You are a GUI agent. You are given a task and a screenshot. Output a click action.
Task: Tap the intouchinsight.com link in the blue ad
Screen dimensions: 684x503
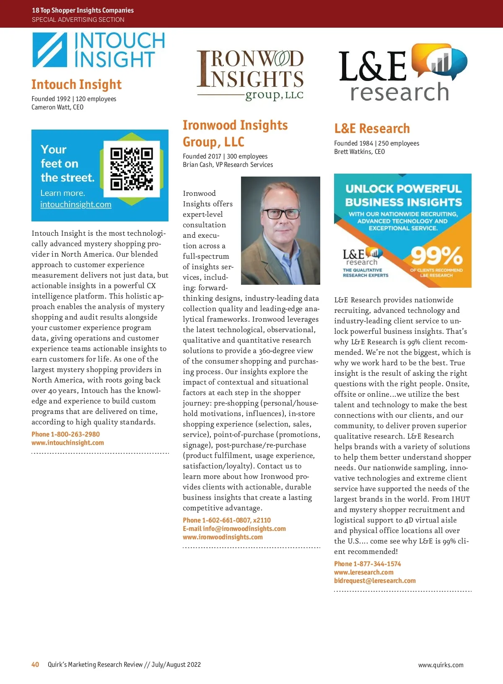[76, 205]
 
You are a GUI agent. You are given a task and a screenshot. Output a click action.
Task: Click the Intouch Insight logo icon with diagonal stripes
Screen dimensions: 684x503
[49, 50]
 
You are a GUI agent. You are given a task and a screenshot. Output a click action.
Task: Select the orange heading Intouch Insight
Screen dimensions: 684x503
[76, 85]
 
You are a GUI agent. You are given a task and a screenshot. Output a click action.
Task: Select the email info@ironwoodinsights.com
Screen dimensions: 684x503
[244, 528]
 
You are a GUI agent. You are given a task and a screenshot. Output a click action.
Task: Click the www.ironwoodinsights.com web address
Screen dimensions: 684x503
[223, 537]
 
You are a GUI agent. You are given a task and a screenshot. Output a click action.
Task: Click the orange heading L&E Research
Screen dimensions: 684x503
[372, 128]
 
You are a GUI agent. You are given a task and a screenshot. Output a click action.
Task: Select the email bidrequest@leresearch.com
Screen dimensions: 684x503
[375, 581]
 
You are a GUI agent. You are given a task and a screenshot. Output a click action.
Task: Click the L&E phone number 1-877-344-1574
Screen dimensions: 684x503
[377, 564]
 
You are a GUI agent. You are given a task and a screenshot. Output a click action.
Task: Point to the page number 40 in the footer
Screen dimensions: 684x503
[35, 665]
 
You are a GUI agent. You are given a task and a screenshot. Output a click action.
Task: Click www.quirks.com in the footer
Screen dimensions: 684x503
[441, 665]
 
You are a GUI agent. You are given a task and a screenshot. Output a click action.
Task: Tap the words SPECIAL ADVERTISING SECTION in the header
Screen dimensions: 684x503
[78, 20]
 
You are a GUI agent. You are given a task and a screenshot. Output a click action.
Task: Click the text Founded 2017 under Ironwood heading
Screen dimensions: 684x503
[202, 156]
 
